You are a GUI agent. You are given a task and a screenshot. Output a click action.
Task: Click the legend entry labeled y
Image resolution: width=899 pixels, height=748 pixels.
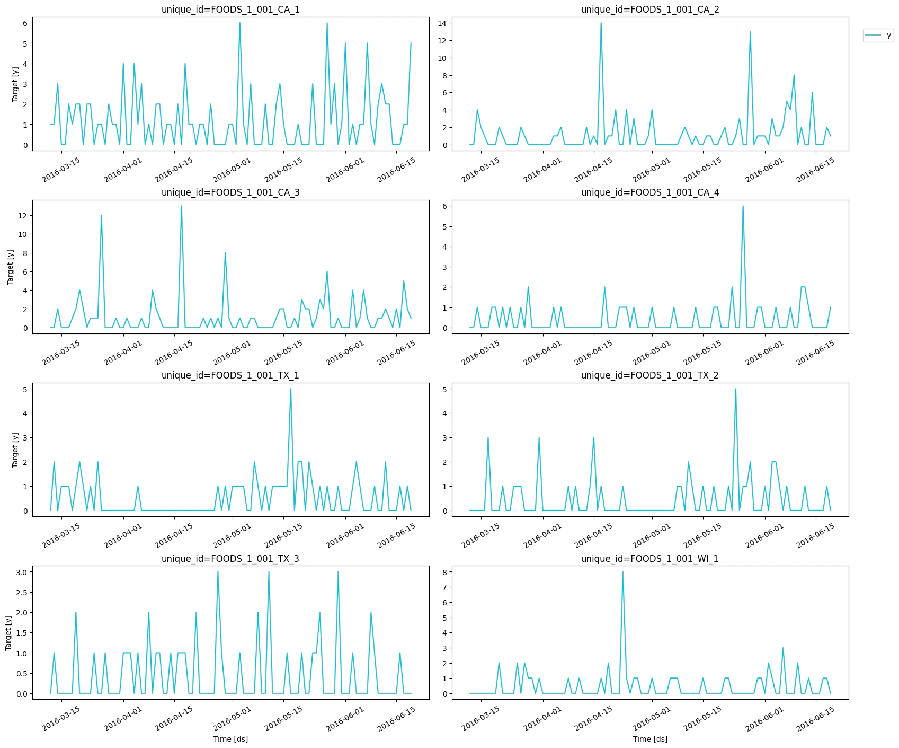point(878,36)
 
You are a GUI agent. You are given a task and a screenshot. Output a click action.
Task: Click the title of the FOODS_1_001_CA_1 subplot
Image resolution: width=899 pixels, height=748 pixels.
point(230,10)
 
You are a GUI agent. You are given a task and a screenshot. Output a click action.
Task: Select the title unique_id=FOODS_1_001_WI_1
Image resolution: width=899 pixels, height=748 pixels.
point(649,559)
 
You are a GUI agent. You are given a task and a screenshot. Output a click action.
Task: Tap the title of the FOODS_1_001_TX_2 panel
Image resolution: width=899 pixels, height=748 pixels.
point(649,375)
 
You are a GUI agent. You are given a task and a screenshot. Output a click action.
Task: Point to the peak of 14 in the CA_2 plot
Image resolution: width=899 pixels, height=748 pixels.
point(601,23)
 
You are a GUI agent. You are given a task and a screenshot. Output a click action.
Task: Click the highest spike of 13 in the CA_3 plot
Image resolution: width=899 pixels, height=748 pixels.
point(181,206)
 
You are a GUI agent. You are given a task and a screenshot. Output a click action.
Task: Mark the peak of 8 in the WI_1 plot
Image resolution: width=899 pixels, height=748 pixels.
point(622,572)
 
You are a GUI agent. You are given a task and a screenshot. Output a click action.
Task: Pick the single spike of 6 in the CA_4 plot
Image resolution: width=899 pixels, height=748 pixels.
point(743,206)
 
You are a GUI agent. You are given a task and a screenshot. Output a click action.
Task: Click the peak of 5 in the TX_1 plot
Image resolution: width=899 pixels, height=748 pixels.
point(290,389)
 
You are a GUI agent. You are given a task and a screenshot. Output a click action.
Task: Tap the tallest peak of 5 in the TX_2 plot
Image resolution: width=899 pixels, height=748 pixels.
point(735,389)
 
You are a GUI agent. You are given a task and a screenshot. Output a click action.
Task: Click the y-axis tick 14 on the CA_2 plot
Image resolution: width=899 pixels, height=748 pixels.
point(442,23)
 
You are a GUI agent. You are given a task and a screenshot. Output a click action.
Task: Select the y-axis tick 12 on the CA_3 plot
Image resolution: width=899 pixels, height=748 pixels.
point(22,216)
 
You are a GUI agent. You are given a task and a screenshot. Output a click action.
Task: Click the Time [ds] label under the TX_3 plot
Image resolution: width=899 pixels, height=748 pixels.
point(230,739)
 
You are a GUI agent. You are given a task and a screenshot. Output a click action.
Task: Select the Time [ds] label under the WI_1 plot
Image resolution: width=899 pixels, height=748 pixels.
point(649,739)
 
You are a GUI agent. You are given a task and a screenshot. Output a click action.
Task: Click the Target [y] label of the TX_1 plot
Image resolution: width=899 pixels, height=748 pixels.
point(15,450)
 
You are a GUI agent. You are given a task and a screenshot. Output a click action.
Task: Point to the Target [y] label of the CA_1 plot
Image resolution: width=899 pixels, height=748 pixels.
point(15,84)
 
